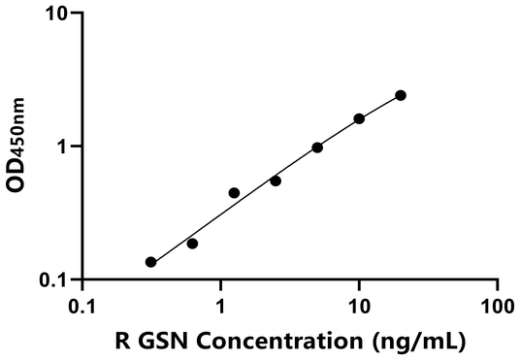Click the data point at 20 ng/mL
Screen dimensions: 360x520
click(401, 95)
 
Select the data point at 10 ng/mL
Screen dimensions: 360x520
click(359, 118)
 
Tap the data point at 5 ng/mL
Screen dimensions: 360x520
click(317, 147)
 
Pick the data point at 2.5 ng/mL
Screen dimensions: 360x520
click(276, 180)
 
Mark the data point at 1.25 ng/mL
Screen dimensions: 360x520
click(234, 193)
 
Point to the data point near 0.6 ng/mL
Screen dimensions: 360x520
click(192, 244)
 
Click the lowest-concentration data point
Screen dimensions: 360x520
click(150, 262)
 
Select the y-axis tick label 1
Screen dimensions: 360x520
click(63, 147)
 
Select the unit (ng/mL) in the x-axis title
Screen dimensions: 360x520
click(421, 341)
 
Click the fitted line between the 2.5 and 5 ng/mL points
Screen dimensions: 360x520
click(296, 162)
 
